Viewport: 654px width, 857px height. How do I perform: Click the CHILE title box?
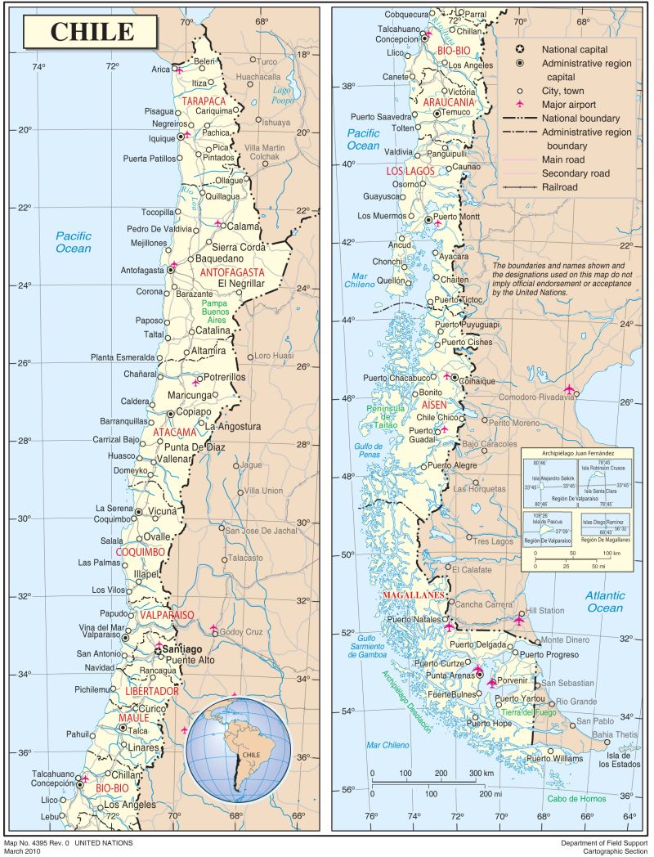point(92,32)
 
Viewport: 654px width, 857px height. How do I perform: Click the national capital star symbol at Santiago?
point(159,646)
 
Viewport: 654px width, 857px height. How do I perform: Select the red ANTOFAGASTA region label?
point(232,271)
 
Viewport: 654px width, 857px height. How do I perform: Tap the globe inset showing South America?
point(238,749)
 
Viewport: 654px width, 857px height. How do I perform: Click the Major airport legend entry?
point(557,104)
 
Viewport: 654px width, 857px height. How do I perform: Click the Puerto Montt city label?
point(458,217)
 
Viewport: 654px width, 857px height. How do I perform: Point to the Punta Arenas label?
point(441,675)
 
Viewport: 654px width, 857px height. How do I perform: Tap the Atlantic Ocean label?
point(604,601)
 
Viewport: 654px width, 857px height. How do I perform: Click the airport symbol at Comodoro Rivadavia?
point(569,388)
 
